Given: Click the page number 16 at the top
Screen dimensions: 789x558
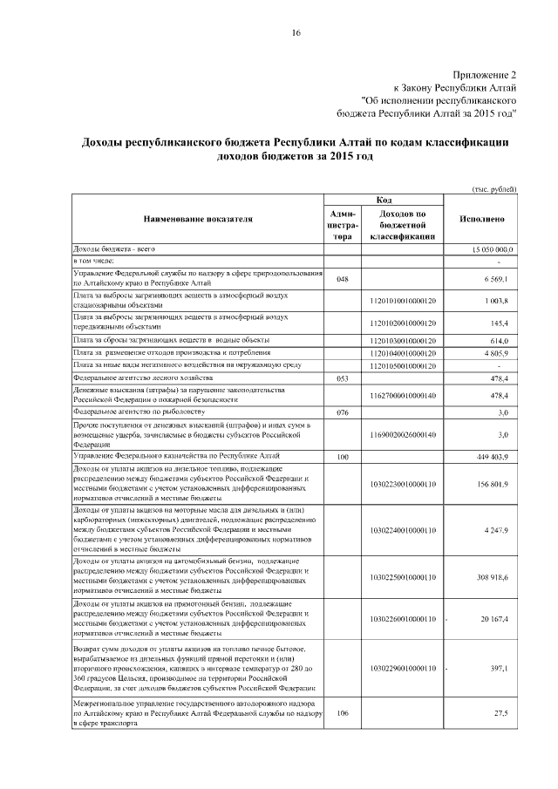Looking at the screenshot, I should click(x=296, y=33).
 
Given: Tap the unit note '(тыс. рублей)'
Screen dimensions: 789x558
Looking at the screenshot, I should click(x=494, y=188).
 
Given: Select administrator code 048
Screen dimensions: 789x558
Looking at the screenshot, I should click(x=343, y=278).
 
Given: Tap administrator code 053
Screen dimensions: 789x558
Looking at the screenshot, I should click(x=343, y=378).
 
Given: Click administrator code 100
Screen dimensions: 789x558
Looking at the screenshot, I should click(x=343, y=456).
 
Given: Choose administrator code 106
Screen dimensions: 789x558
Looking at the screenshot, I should click(x=343, y=712).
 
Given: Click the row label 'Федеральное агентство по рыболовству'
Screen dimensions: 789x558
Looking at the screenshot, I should click(x=139, y=410).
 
